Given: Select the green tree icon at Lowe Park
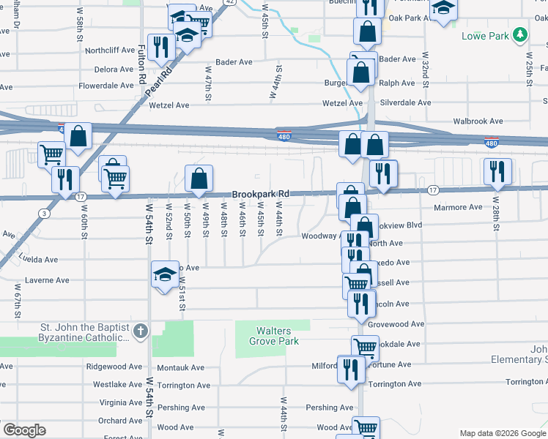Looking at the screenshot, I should point(519,34).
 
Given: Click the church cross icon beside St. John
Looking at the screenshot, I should point(141,331).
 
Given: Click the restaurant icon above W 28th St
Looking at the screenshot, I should point(497,170).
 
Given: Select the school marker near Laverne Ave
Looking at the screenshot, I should point(165,274).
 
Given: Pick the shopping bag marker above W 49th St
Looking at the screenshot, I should point(199,178).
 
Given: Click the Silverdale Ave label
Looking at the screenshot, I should point(405,103).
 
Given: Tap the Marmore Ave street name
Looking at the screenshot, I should point(457,207).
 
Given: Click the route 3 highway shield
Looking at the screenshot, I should point(45,214).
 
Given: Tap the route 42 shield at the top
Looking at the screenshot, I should point(230,2).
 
